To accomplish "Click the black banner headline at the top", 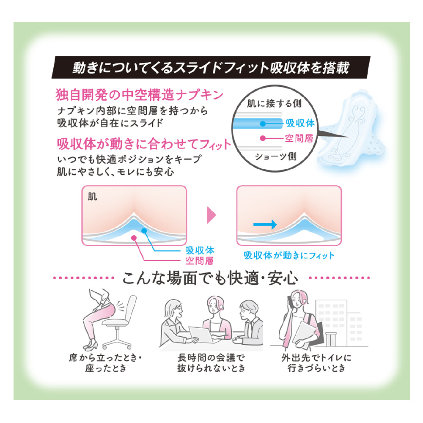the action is [x=211, y=67].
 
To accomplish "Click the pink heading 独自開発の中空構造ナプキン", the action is [x=140, y=95].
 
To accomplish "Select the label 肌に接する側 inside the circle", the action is [x=274, y=103].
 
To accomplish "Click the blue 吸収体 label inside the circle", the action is [x=300, y=123].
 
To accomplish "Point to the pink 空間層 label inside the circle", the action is [x=299, y=138].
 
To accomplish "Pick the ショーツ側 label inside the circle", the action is [x=275, y=156].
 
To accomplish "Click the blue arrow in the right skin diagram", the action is [x=265, y=225].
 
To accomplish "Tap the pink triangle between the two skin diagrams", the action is [x=211, y=215].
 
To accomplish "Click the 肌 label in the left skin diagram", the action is [x=92, y=197].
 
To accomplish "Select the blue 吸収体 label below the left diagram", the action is [x=200, y=250].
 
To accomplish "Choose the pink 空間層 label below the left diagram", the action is [x=199, y=261].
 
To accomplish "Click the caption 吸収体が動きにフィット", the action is [x=289, y=255].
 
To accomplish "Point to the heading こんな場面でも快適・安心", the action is [x=210, y=278].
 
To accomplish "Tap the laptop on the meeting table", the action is [x=201, y=334].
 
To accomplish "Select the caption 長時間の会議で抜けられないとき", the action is [x=211, y=363].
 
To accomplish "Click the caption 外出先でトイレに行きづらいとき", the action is [x=316, y=363].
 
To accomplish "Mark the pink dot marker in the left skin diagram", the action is [x=134, y=238].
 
